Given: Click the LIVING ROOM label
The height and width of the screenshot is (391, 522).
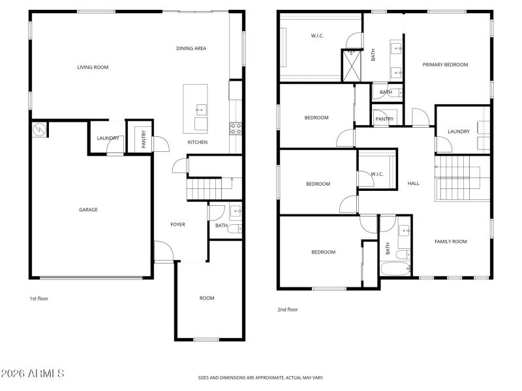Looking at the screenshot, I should pyautogui.click(x=93, y=67).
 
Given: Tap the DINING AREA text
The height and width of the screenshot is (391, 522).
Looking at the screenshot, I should pyautogui.click(x=191, y=48).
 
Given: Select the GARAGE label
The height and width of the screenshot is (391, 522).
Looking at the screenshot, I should pyautogui.click(x=89, y=210).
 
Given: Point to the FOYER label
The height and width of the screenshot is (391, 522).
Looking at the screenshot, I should pyautogui.click(x=177, y=224).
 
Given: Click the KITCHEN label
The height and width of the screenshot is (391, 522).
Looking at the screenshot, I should pyautogui.click(x=198, y=142).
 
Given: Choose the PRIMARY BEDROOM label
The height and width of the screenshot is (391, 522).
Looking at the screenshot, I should pyautogui.click(x=445, y=65).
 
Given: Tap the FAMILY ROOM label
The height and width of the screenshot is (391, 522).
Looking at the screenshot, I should pyautogui.click(x=451, y=242).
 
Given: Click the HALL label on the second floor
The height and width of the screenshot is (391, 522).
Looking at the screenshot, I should pyautogui.click(x=413, y=184).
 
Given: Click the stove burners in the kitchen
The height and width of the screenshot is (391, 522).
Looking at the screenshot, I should pyautogui.click(x=236, y=127).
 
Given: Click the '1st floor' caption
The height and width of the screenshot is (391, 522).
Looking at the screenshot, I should pyautogui.click(x=38, y=298).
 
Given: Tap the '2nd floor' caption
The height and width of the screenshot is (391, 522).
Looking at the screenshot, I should pyautogui.click(x=288, y=310).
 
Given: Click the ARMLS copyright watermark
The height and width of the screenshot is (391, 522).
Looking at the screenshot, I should pyautogui.click(x=33, y=373).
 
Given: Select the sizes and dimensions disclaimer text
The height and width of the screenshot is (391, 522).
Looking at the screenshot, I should pyautogui.click(x=261, y=377).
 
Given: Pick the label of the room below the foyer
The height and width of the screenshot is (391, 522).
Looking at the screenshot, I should pyautogui.click(x=207, y=298).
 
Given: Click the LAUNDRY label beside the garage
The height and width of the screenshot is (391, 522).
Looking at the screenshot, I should pyautogui.click(x=108, y=138).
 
